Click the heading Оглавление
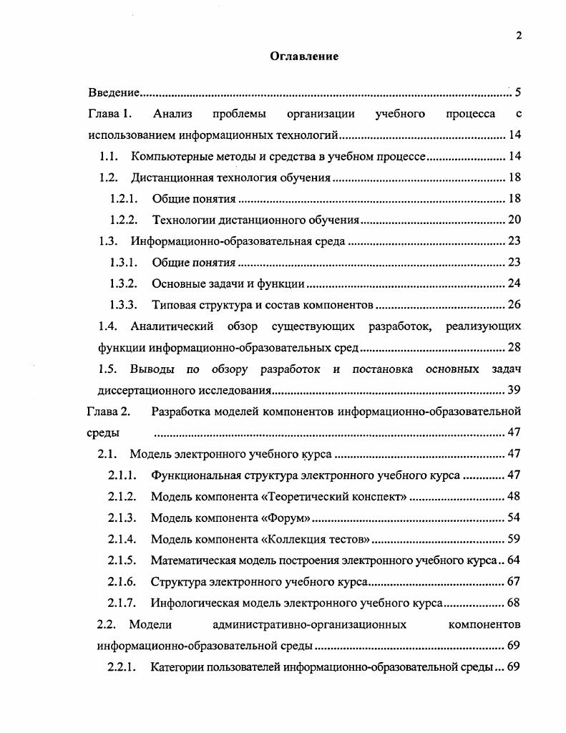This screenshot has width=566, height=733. click(x=304, y=57)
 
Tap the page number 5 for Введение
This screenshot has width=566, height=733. click(x=517, y=92)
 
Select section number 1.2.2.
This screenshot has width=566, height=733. click(x=123, y=220)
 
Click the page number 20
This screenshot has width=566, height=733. click(x=514, y=220)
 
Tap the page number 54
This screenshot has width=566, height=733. click(x=513, y=518)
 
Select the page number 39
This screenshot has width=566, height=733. click(x=514, y=390)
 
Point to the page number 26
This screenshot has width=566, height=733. click(x=514, y=305)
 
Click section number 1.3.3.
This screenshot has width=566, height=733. click(x=123, y=305)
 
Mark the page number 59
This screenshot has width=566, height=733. click(x=513, y=538)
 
